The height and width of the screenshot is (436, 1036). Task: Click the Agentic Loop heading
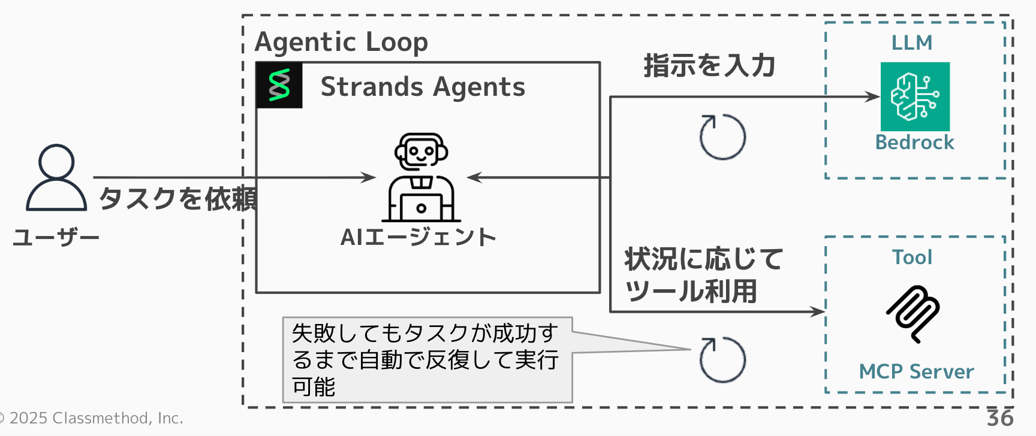(x=341, y=42)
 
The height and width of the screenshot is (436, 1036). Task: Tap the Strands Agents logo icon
(x=279, y=85)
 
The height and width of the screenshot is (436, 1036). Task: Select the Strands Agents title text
(x=423, y=87)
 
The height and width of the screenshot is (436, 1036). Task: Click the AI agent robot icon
(x=421, y=177)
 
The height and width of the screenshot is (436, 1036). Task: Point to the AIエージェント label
(x=418, y=237)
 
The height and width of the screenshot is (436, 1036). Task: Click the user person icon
(x=56, y=177)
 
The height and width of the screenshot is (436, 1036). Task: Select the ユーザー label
(x=56, y=238)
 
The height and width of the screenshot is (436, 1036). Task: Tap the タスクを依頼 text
(x=177, y=198)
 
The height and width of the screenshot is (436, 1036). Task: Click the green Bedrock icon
(x=915, y=96)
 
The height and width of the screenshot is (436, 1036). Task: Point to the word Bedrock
(x=914, y=143)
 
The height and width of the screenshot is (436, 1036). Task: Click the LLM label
(x=912, y=43)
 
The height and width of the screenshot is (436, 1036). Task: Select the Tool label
(x=912, y=258)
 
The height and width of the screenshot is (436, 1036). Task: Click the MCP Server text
(x=916, y=372)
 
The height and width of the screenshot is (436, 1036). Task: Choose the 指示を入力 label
(x=709, y=65)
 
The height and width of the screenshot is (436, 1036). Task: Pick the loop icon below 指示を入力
(x=722, y=137)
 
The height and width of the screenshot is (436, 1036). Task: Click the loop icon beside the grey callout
(x=722, y=360)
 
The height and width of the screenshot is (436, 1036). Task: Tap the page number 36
(x=1000, y=418)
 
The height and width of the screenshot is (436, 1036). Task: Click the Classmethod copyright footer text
(x=93, y=418)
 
